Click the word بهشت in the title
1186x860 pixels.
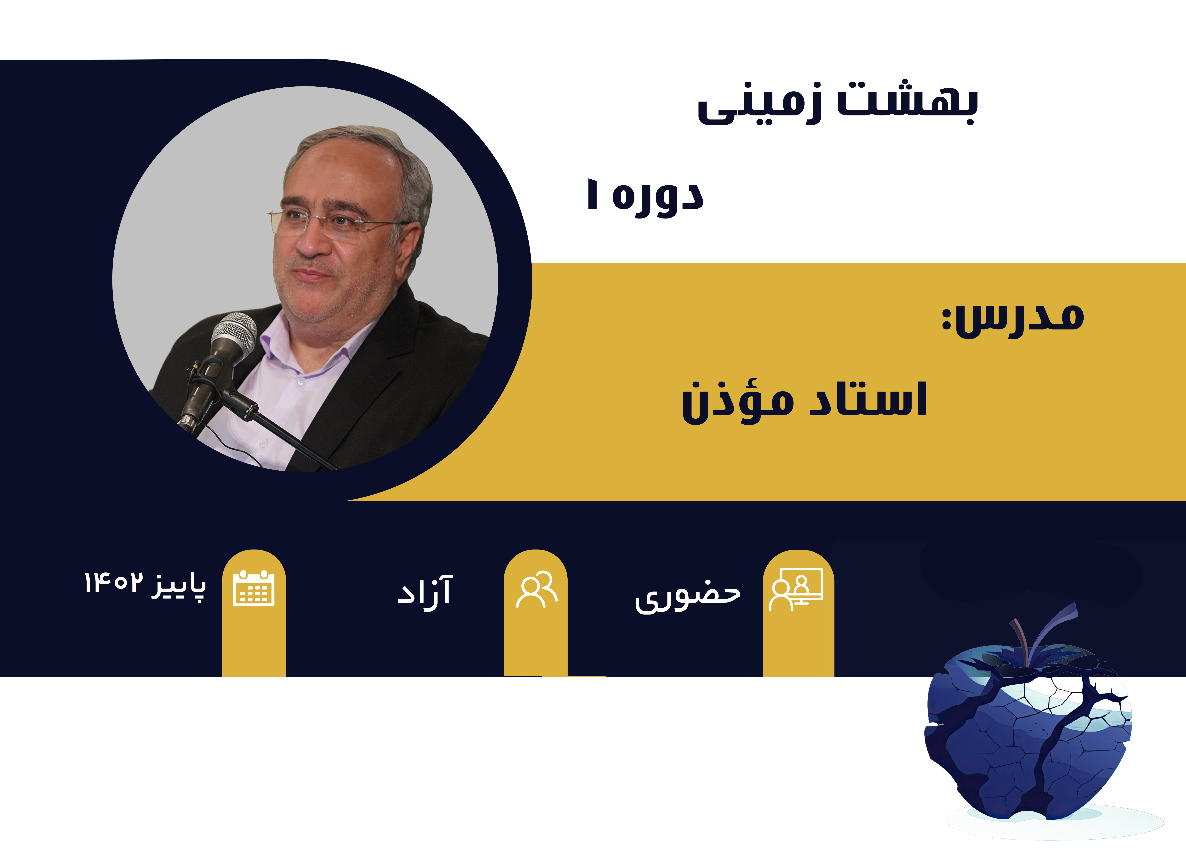point(907,102)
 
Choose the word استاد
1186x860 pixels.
point(868,400)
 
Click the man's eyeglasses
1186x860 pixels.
point(335,222)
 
